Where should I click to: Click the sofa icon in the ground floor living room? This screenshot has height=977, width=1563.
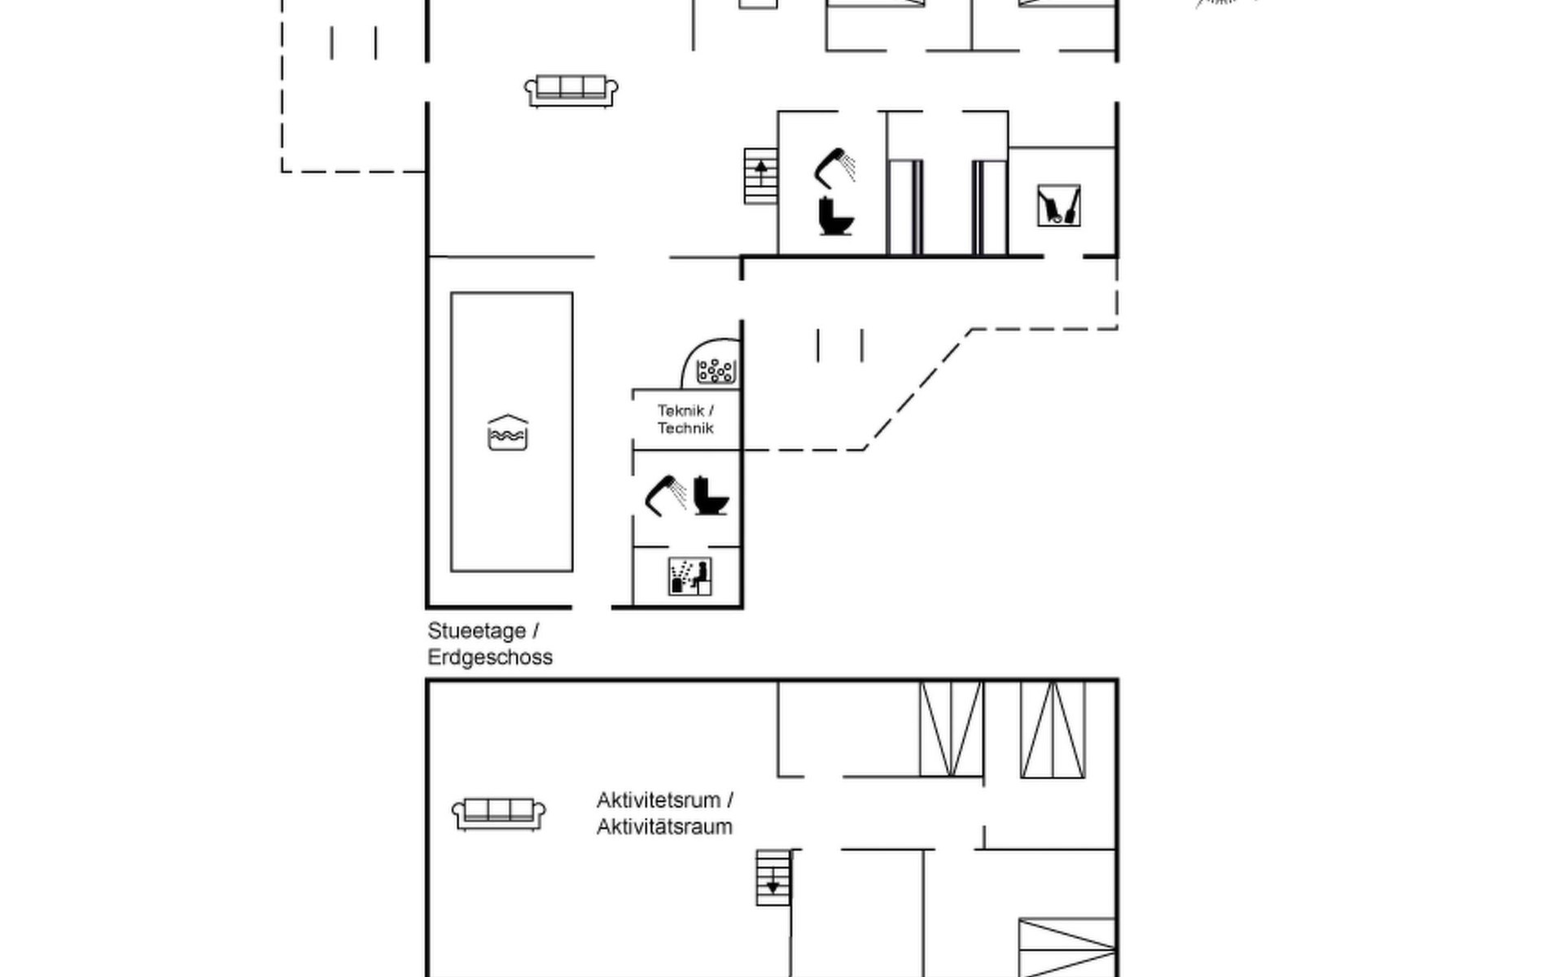(571, 90)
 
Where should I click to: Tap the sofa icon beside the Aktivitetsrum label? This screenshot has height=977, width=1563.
(498, 813)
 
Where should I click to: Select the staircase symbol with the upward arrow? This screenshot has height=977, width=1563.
(760, 176)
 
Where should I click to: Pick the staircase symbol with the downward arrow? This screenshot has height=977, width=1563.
(773, 878)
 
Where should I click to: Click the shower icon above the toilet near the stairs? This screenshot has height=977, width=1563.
(834, 168)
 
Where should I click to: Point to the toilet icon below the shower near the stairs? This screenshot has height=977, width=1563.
(836, 217)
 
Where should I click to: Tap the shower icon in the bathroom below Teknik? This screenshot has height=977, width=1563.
(665, 496)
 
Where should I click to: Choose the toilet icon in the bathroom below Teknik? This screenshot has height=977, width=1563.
(711, 495)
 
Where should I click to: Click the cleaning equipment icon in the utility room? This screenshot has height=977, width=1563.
(1059, 205)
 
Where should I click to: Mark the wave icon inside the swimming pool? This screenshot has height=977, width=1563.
(508, 432)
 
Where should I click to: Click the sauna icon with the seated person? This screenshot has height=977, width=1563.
(690, 576)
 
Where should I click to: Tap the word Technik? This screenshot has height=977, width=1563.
(685, 428)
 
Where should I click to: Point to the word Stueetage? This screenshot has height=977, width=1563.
(477, 632)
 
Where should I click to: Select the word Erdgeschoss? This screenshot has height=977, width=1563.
(490, 657)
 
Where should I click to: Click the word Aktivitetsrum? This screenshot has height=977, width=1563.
(659, 800)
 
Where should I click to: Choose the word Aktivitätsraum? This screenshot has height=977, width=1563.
(664, 827)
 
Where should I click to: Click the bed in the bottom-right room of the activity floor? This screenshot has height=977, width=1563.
(1067, 949)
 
